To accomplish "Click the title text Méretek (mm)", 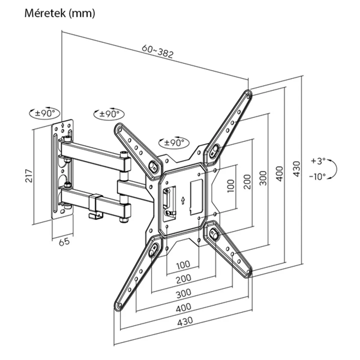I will click(x=60, y=13).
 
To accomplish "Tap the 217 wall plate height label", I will click(x=29, y=176).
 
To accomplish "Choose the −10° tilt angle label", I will click(x=317, y=176).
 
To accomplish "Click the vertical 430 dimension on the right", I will click(x=296, y=169).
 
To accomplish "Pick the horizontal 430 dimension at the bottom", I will click(x=185, y=322).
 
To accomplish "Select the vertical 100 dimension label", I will click(x=231, y=186).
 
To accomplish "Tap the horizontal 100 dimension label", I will click(x=183, y=265).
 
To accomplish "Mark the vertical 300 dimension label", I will click(x=263, y=178).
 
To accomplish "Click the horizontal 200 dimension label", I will click(x=183, y=279).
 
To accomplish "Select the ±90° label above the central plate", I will click(x=174, y=142).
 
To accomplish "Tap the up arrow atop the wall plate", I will click(x=62, y=125).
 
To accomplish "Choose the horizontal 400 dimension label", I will click(x=183, y=307).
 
